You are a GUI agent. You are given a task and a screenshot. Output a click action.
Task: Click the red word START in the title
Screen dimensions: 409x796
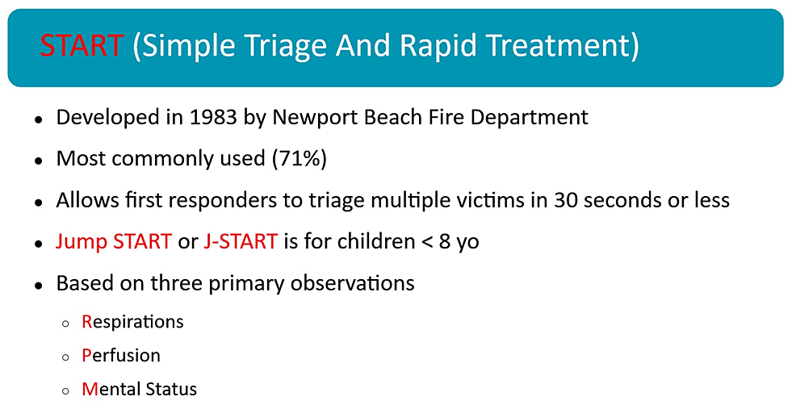click(x=82, y=46)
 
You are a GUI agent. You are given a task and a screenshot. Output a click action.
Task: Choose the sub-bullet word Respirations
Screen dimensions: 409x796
click(x=132, y=322)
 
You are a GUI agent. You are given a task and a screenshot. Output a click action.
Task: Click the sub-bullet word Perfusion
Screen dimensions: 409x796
click(x=121, y=356)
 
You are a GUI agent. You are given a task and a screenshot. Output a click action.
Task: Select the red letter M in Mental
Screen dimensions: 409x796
click(x=89, y=389)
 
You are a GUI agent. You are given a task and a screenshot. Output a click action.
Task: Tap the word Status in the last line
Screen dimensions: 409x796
click(x=170, y=389)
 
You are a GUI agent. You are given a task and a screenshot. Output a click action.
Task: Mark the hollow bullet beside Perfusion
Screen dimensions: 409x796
click(x=66, y=357)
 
